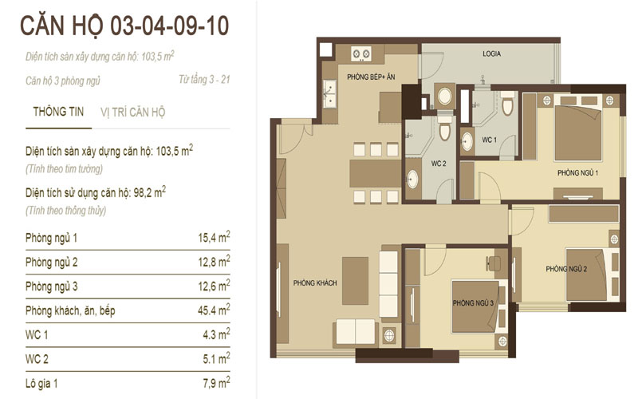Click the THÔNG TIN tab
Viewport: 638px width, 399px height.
click(58, 112)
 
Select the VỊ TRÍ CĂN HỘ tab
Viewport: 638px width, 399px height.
click(132, 112)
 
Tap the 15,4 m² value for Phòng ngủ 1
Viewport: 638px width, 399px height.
click(214, 237)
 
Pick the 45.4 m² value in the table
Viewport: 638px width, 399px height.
click(214, 310)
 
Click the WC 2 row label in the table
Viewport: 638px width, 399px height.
click(37, 359)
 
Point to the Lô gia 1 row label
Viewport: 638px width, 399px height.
click(41, 383)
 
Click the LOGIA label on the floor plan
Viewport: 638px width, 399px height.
click(491, 53)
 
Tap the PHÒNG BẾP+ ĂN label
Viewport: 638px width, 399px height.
click(371, 77)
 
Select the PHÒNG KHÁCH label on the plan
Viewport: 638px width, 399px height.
click(315, 282)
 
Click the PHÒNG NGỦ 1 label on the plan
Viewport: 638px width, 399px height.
click(577, 172)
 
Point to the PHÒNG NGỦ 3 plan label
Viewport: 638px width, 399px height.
click(473, 303)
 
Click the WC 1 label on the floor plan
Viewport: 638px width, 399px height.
click(490, 140)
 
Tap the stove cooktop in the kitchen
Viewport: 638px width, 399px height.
click(361, 53)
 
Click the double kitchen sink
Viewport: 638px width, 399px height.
click(329, 94)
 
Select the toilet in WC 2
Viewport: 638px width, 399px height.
click(444, 128)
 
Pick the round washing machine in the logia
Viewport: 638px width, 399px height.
click(444, 97)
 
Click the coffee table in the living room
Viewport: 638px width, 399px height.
click(355, 281)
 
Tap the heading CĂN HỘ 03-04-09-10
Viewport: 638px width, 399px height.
click(124, 26)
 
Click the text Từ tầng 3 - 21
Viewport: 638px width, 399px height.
click(204, 79)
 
